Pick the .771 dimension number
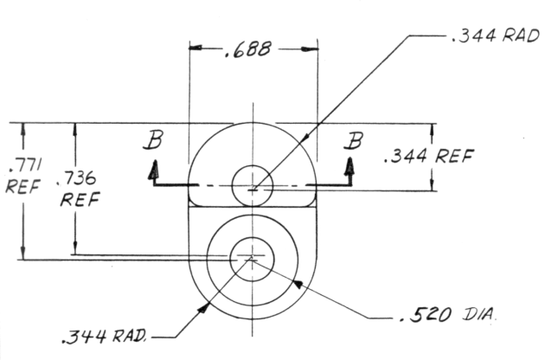(18, 164)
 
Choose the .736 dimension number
(75, 180)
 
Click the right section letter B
(351, 139)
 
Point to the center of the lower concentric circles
(253, 256)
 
